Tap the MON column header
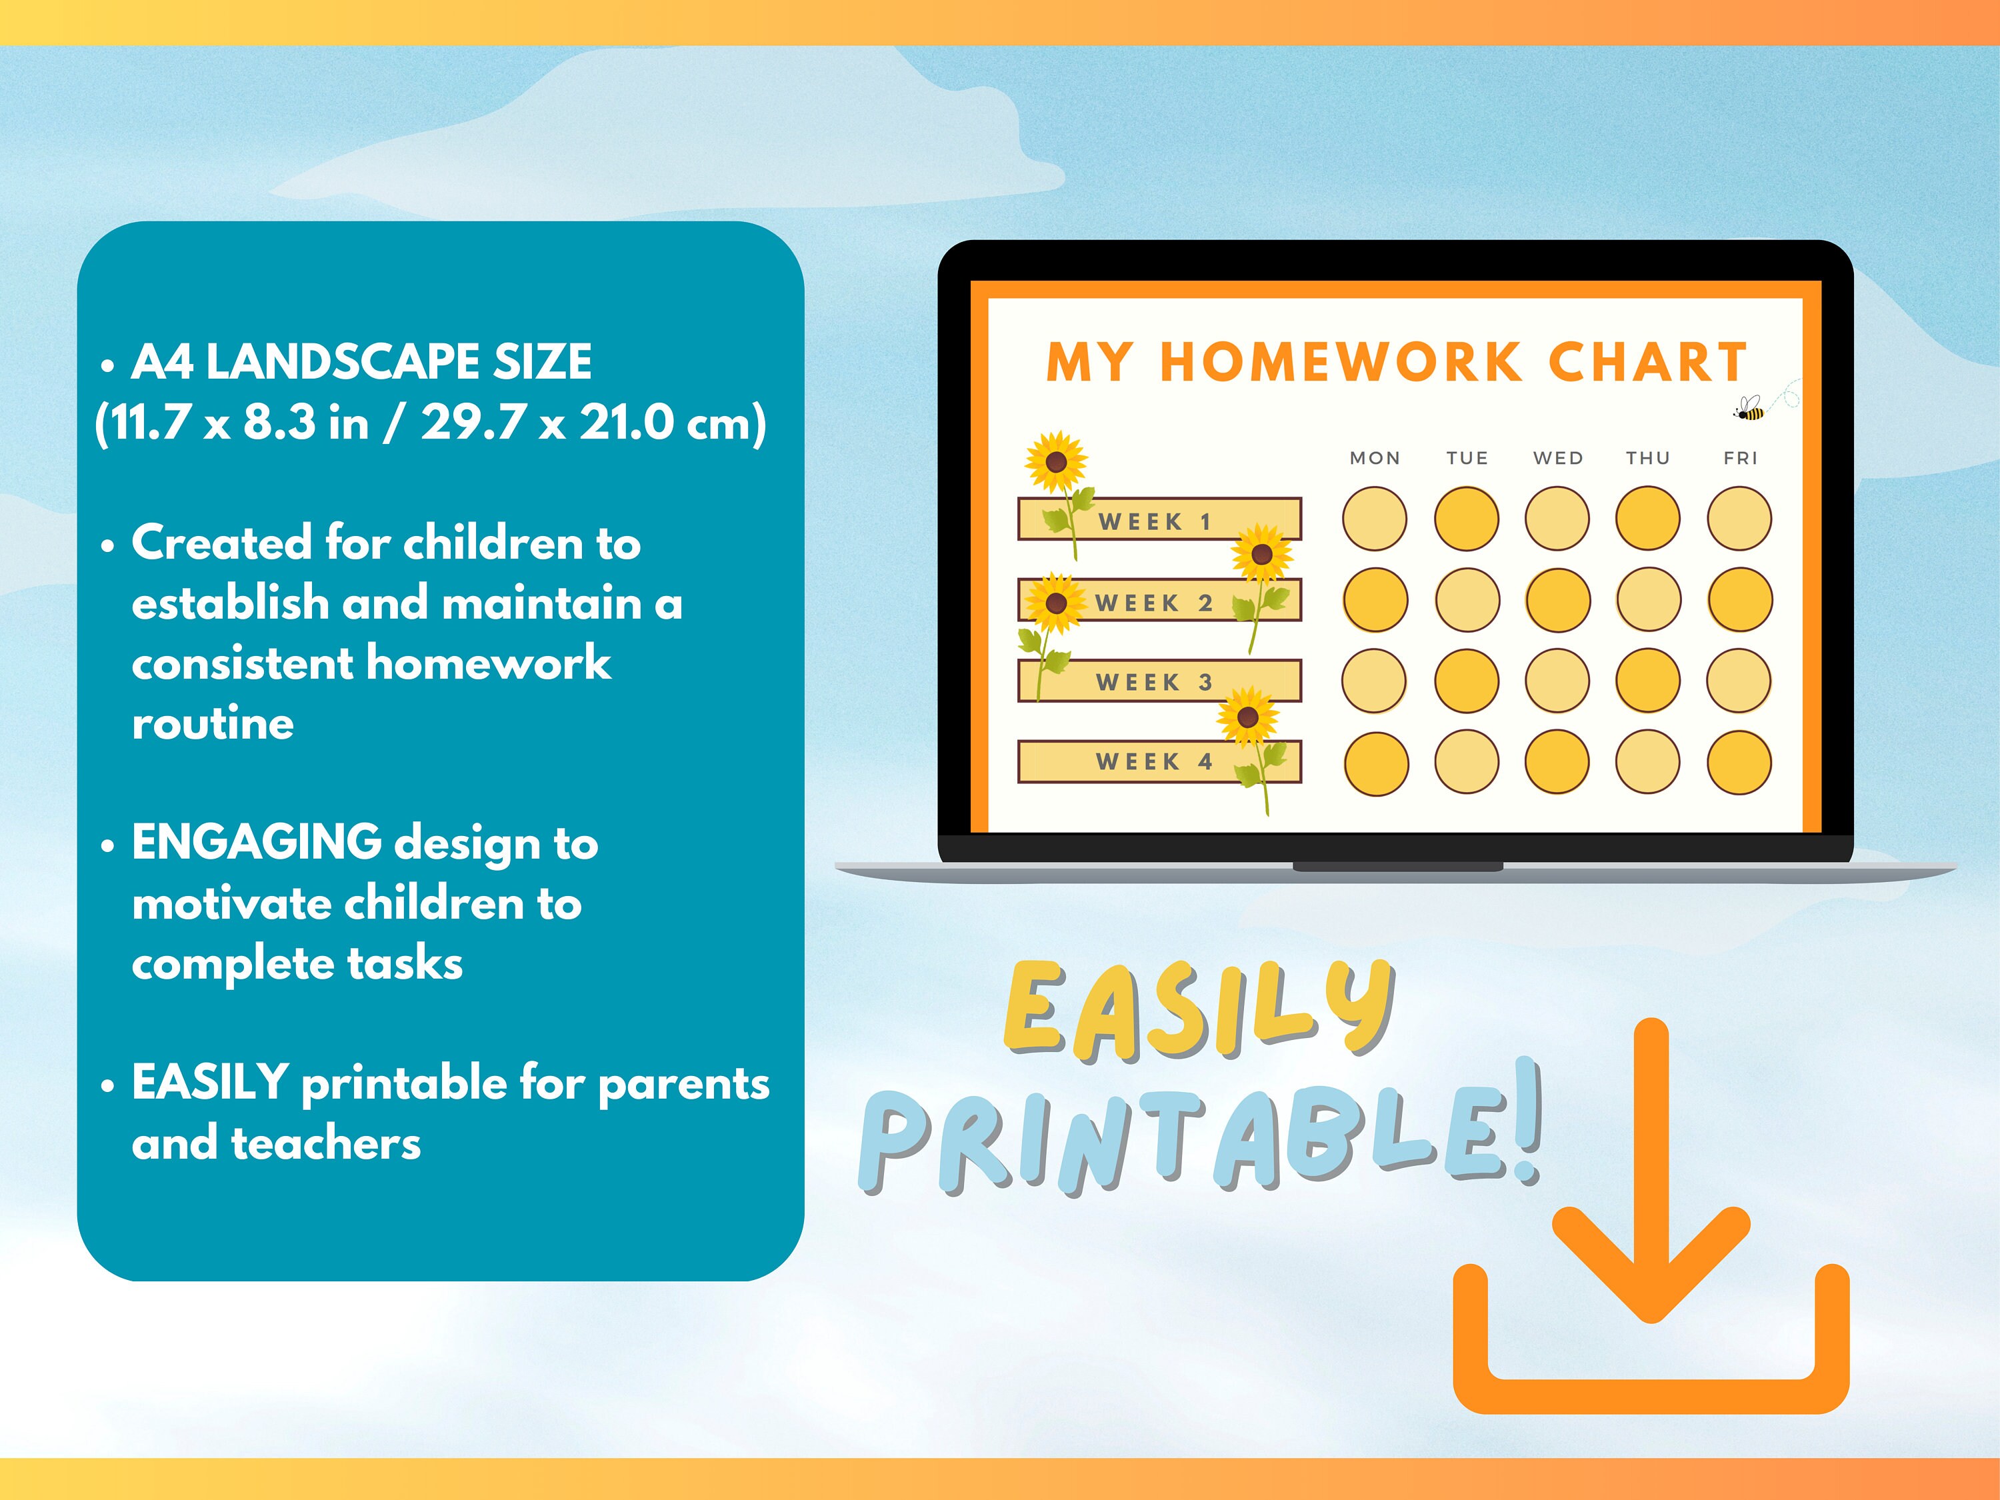[x=1374, y=459]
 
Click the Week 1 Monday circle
[x=1374, y=519]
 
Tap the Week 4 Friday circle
[x=1739, y=762]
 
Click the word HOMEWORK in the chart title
[x=1341, y=363]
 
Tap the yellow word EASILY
[x=1199, y=1011]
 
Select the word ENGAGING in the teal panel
[x=257, y=843]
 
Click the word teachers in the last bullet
[x=325, y=1144]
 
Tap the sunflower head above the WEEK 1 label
[x=1055, y=462]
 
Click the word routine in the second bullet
[x=213, y=723]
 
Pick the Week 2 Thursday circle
[x=1648, y=599]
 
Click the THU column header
[x=1647, y=459]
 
